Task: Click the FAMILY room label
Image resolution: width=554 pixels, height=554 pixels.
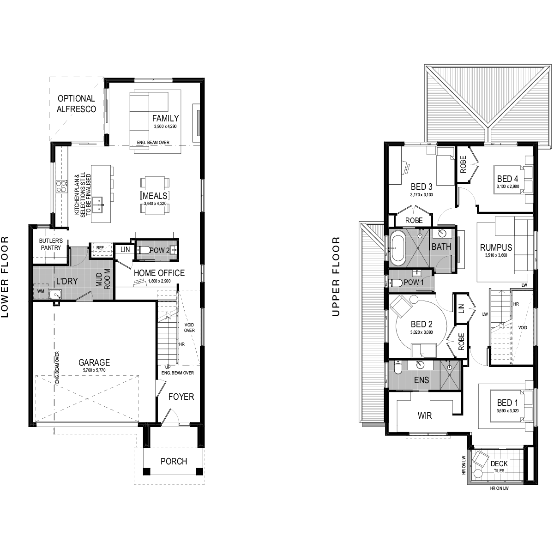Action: coord(165,118)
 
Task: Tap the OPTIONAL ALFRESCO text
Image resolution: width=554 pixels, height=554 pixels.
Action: coord(76,104)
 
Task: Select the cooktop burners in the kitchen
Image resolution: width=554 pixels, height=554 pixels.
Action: coord(61,186)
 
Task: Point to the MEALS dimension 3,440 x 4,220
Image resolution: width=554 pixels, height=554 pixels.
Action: coord(155,204)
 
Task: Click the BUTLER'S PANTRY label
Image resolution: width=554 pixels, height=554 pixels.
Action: coord(51,244)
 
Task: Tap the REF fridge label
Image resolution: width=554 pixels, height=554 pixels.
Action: coord(100,247)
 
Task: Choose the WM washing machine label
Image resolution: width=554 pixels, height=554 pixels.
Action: coord(41,291)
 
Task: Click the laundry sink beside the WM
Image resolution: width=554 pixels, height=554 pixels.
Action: coord(55,294)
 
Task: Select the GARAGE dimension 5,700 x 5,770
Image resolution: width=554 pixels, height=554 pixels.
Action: coord(94,370)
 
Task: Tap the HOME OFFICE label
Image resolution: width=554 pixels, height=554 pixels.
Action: coord(159,273)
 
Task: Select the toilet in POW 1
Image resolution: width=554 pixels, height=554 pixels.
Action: coord(395,283)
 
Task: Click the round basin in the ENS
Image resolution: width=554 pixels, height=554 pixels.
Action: coord(420,365)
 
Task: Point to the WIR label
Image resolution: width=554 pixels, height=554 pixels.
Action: coord(425,415)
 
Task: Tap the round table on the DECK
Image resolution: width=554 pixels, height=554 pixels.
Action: coord(478,473)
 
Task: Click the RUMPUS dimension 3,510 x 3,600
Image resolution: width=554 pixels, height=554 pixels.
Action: coord(496,255)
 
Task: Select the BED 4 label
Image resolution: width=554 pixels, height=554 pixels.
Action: coord(507,179)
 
